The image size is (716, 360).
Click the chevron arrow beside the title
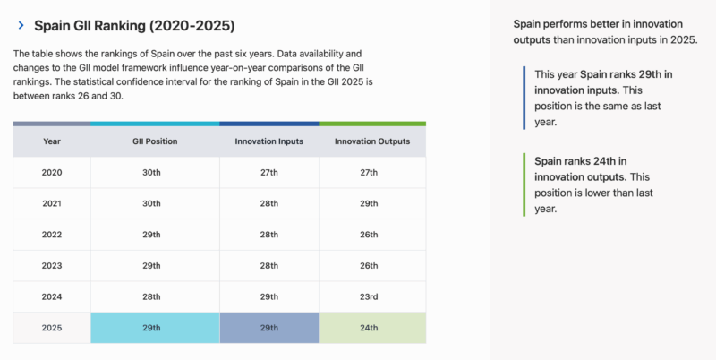point(21,27)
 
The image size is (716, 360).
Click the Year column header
point(52,141)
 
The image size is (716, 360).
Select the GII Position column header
point(154,141)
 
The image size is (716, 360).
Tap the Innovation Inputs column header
point(268,141)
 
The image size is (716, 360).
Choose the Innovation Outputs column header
point(371,141)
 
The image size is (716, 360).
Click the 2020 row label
point(52,172)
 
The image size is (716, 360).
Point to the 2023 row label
point(52,266)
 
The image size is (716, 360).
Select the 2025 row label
point(52,328)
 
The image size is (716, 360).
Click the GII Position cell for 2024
point(154,296)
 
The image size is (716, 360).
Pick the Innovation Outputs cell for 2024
point(371,296)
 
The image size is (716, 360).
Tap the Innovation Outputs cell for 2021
point(371,203)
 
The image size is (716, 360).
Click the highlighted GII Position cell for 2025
point(154,328)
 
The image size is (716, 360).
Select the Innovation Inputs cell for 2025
point(268,328)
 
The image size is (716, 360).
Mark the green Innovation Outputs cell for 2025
point(371,328)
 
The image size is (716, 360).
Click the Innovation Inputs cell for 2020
point(268,172)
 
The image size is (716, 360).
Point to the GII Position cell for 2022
point(154,235)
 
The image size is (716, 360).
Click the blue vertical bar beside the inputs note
point(524,98)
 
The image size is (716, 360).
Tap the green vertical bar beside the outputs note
point(524,184)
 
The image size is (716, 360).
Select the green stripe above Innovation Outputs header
point(371,124)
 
